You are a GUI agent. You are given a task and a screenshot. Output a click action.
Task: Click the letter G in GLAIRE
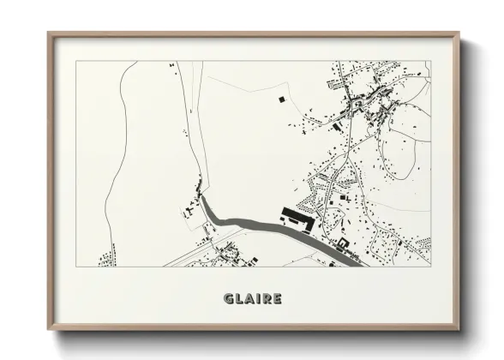pyautogui.click(x=228, y=299)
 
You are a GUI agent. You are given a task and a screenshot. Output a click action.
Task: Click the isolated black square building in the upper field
pyautogui.click(x=280, y=101)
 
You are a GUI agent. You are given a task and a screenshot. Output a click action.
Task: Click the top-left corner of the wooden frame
pyautogui.click(x=48, y=33)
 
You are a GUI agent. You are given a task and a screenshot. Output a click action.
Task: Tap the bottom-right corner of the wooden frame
pyautogui.click(x=459, y=330)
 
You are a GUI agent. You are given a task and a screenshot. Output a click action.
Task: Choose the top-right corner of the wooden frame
pyautogui.click(x=459, y=33)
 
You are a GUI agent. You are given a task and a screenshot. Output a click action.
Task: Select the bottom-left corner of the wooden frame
pyautogui.click(x=48, y=330)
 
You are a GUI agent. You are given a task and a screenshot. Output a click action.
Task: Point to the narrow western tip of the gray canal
pyautogui.click(x=202, y=199)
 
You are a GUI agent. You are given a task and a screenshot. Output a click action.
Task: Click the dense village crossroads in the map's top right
pyautogui.click(x=354, y=106)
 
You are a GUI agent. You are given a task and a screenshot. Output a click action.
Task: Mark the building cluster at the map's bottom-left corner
pyautogui.click(x=107, y=256)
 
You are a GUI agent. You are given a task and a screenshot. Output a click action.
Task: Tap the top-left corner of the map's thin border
pyautogui.click(x=76, y=61)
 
